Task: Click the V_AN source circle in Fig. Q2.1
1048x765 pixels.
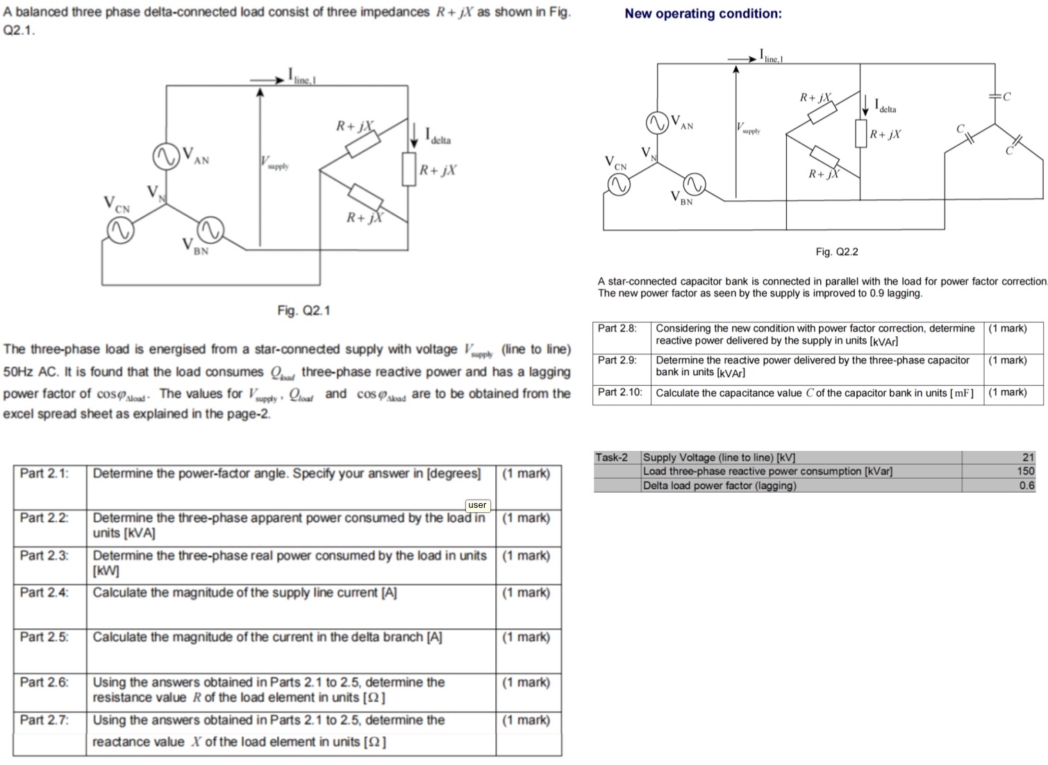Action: click(166, 156)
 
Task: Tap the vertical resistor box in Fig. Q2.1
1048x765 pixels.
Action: click(409, 169)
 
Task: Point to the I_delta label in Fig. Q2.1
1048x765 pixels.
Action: click(438, 135)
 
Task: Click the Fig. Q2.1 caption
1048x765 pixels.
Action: click(303, 311)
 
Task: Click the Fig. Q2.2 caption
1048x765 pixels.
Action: click(836, 252)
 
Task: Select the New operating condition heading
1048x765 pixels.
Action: click(703, 14)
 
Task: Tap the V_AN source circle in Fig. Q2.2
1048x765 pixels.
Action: click(657, 123)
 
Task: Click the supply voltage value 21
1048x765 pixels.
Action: click(1028, 457)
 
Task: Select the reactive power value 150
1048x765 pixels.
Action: click(1025, 471)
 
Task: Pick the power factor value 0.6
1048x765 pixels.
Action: click(1026, 486)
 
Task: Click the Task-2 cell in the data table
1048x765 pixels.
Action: click(611, 457)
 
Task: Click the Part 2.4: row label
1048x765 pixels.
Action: click(44, 593)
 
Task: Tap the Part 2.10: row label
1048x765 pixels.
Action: click(620, 393)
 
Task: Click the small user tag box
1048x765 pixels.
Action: click(477, 505)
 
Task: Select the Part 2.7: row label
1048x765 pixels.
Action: click(44, 721)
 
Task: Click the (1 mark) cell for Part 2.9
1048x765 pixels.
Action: click(1007, 361)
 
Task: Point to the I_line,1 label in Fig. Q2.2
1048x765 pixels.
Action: click(771, 56)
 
